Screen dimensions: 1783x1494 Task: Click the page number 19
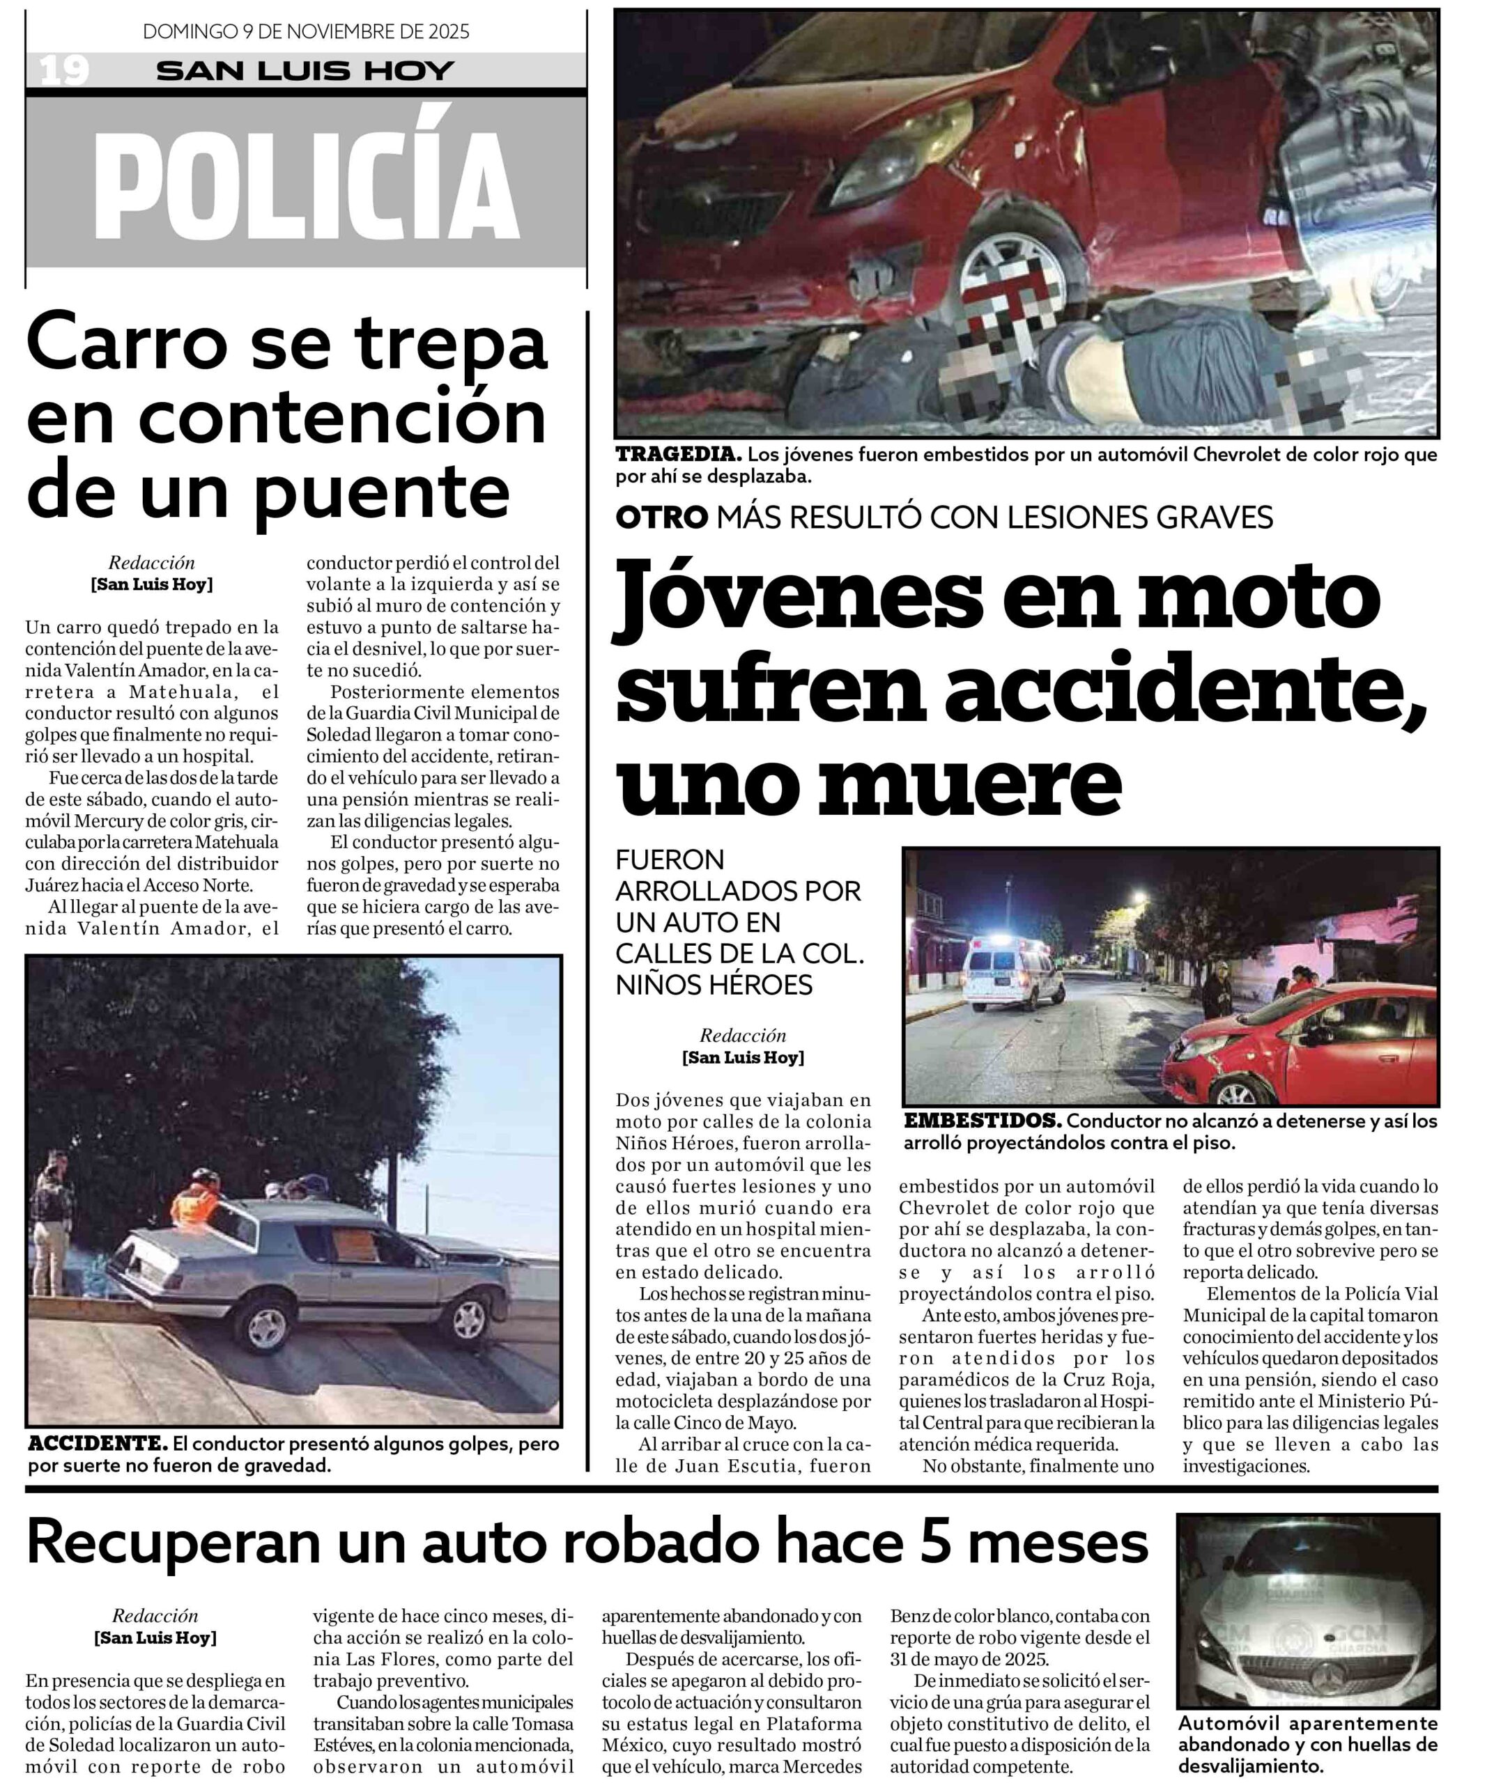63,70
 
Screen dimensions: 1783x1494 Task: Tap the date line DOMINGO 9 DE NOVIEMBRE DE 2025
306,32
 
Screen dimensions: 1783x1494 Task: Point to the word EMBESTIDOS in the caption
982,1121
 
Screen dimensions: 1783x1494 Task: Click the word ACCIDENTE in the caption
97,1443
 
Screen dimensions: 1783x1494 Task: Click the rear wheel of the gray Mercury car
267,1329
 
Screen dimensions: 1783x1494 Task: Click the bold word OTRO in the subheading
661,517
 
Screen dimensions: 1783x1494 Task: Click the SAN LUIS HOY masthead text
306,70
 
